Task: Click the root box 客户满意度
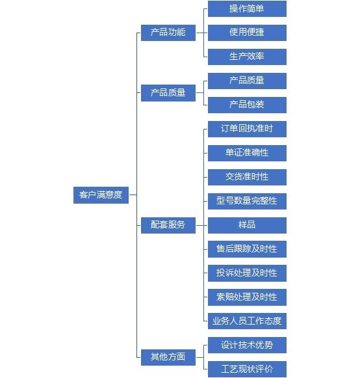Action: click(101, 195)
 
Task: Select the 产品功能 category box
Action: click(168, 33)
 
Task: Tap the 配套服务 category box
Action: click(168, 225)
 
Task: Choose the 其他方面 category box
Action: click(168, 357)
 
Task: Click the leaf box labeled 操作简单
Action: click(247, 8)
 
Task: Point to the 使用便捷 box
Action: click(247, 33)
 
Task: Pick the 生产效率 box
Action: click(247, 57)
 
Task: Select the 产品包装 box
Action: click(247, 105)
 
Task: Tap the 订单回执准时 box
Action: click(247, 129)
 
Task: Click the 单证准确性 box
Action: click(247, 153)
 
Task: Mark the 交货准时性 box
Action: click(247, 177)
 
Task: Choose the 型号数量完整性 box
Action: click(247, 201)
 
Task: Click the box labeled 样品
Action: click(247, 225)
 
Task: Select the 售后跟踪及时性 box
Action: click(247, 249)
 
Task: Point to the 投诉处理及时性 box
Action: click(247, 273)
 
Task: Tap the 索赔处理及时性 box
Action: click(247, 297)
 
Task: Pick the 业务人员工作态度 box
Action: click(247, 321)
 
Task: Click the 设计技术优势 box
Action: click(247, 345)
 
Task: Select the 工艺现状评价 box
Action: click(247, 369)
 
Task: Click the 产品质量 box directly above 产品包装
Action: click(247, 81)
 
